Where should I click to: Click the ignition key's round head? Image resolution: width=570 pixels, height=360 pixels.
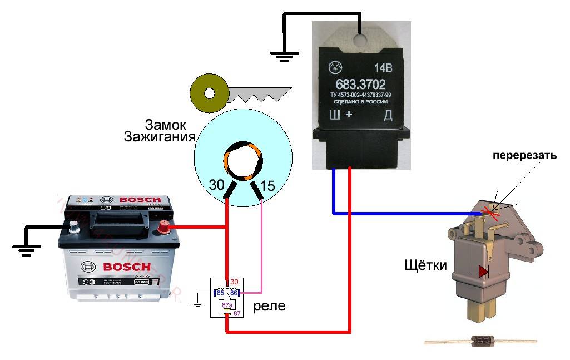[209, 92]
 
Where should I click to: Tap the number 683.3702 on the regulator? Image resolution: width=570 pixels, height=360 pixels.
[361, 87]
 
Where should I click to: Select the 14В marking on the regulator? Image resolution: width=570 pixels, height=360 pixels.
[383, 70]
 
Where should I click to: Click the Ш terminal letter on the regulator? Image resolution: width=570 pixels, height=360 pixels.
[335, 116]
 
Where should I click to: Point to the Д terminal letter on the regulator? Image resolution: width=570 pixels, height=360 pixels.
[388, 116]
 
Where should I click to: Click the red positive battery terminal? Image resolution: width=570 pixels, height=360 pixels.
[165, 226]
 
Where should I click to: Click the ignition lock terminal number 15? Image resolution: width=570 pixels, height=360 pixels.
[267, 186]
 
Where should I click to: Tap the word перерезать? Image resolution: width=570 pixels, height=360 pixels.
[524, 156]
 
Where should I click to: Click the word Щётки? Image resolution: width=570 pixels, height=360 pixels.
[426, 265]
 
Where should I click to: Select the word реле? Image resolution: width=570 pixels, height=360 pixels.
[270, 305]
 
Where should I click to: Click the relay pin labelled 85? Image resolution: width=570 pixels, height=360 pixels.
[220, 292]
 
